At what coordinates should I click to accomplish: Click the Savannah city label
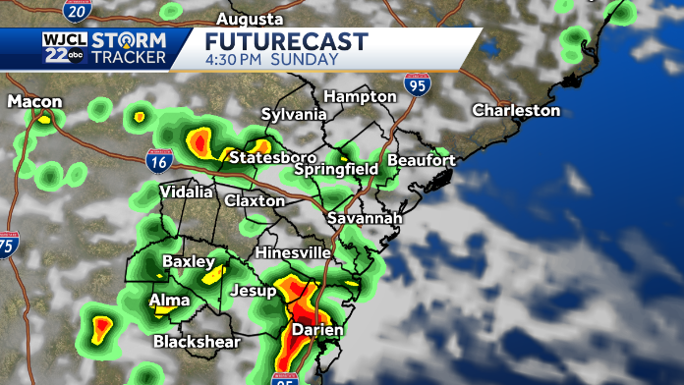[365, 217]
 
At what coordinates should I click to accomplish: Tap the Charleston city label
[516, 110]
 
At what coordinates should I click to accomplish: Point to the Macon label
[35, 101]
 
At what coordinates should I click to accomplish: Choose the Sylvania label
[293, 114]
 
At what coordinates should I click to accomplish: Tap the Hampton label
[361, 96]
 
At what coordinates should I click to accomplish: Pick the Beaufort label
[422, 159]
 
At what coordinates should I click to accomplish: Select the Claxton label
[255, 200]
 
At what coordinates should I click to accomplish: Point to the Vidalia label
[186, 192]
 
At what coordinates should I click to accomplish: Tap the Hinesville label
[293, 252]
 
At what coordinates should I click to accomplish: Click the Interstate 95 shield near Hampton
[418, 86]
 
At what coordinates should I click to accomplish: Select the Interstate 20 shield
[75, 11]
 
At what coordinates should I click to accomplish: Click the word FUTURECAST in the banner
[286, 41]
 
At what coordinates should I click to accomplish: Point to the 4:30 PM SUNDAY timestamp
[272, 59]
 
